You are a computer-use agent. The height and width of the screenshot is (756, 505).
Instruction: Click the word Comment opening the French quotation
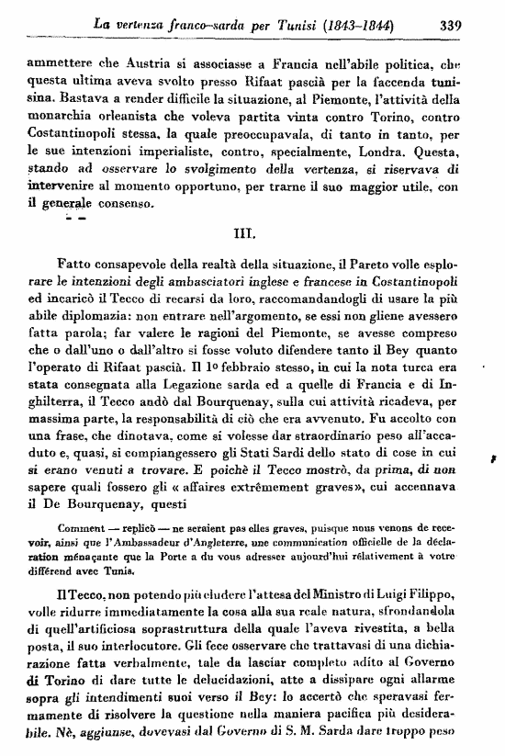82,530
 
